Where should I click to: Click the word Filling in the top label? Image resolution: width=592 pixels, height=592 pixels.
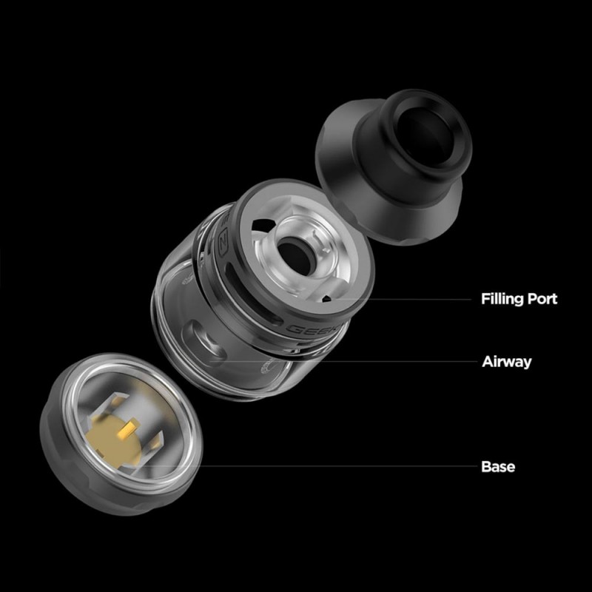point(502,299)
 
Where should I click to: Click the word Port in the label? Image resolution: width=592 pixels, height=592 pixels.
point(542,299)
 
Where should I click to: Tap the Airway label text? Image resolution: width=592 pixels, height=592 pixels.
point(507,362)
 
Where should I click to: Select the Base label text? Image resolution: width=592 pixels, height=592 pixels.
point(498,467)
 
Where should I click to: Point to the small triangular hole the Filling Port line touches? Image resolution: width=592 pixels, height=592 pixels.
point(326,299)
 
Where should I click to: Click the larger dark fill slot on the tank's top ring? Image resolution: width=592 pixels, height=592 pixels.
point(263,226)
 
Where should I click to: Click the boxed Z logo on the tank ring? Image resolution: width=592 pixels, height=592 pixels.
point(223,244)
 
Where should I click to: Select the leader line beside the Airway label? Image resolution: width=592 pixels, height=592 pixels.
point(344,361)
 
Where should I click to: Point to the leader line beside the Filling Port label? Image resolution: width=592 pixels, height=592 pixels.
point(399,300)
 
